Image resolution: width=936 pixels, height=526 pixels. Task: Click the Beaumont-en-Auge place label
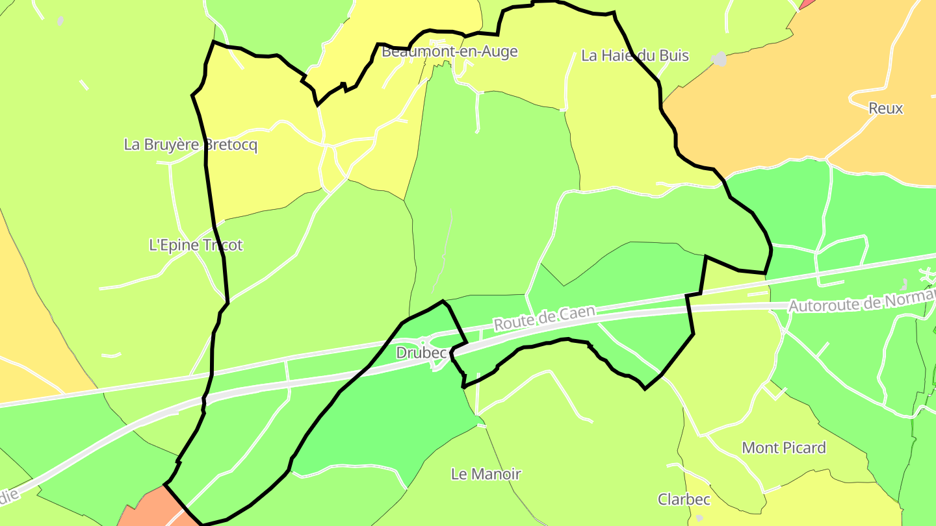449,51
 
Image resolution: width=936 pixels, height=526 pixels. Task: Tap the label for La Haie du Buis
634,56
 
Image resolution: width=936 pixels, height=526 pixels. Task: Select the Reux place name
885,108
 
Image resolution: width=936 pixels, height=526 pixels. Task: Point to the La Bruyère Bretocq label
190,145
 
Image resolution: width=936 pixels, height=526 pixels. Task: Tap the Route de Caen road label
544,318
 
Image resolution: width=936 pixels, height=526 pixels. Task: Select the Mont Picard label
783,448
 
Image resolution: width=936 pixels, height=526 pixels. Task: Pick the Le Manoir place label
486,474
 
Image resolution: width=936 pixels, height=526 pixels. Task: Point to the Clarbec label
684,499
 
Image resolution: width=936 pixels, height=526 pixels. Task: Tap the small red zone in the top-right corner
807,4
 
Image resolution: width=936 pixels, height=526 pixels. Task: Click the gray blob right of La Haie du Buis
718,59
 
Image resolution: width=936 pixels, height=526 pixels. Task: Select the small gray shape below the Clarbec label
699,518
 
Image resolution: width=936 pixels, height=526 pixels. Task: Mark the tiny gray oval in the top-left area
60,21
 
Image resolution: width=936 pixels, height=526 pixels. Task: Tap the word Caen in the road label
577,313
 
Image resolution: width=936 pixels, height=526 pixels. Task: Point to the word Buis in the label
674,56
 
